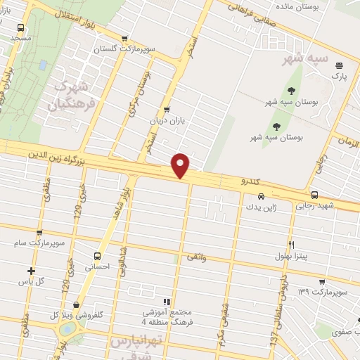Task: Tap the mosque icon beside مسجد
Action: tap(20, 28)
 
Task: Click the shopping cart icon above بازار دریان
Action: tap(167, 109)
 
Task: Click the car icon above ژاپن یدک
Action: tap(261, 197)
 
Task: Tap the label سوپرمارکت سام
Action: tap(37, 243)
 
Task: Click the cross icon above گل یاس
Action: tap(31, 271)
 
